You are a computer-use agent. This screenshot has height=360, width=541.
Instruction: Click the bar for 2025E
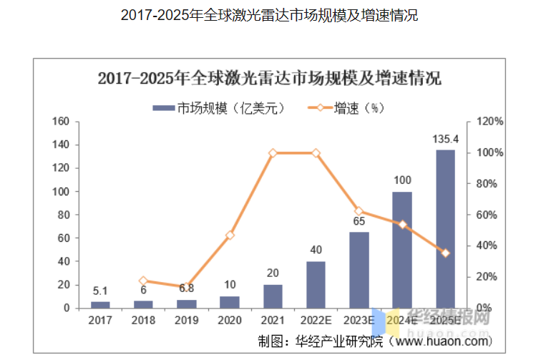(x=445, y=229)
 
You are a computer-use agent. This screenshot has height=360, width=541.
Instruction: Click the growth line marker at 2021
(x=273, y=153)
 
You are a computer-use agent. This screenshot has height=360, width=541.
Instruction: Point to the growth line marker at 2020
(x=230, y=235)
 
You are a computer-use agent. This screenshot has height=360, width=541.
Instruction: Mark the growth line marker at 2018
(x=143, y=281)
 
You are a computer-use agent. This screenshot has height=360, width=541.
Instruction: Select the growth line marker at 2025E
(x=445, y=253)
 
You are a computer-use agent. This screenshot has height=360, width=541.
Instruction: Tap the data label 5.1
(x=100, y=291)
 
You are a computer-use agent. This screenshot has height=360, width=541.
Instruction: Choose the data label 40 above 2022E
(x=316, y=250)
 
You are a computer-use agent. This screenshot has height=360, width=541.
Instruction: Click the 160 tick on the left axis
(x=61, y=122)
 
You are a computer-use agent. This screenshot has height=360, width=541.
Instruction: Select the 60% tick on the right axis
(x=489, y=215)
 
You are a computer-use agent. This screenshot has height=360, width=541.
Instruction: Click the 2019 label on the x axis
(x=186, y=321)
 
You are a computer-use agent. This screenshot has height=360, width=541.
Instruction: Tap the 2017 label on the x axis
(x=100, y=321)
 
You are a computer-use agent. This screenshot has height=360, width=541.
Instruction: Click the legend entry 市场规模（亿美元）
(x=219, y=108)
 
